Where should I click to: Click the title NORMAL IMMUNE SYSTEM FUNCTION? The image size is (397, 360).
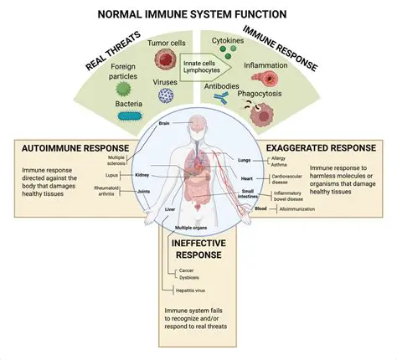(x=198, y=14)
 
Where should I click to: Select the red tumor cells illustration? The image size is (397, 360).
(x=165, y=58)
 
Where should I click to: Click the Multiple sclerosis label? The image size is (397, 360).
(x=116, y=159)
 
